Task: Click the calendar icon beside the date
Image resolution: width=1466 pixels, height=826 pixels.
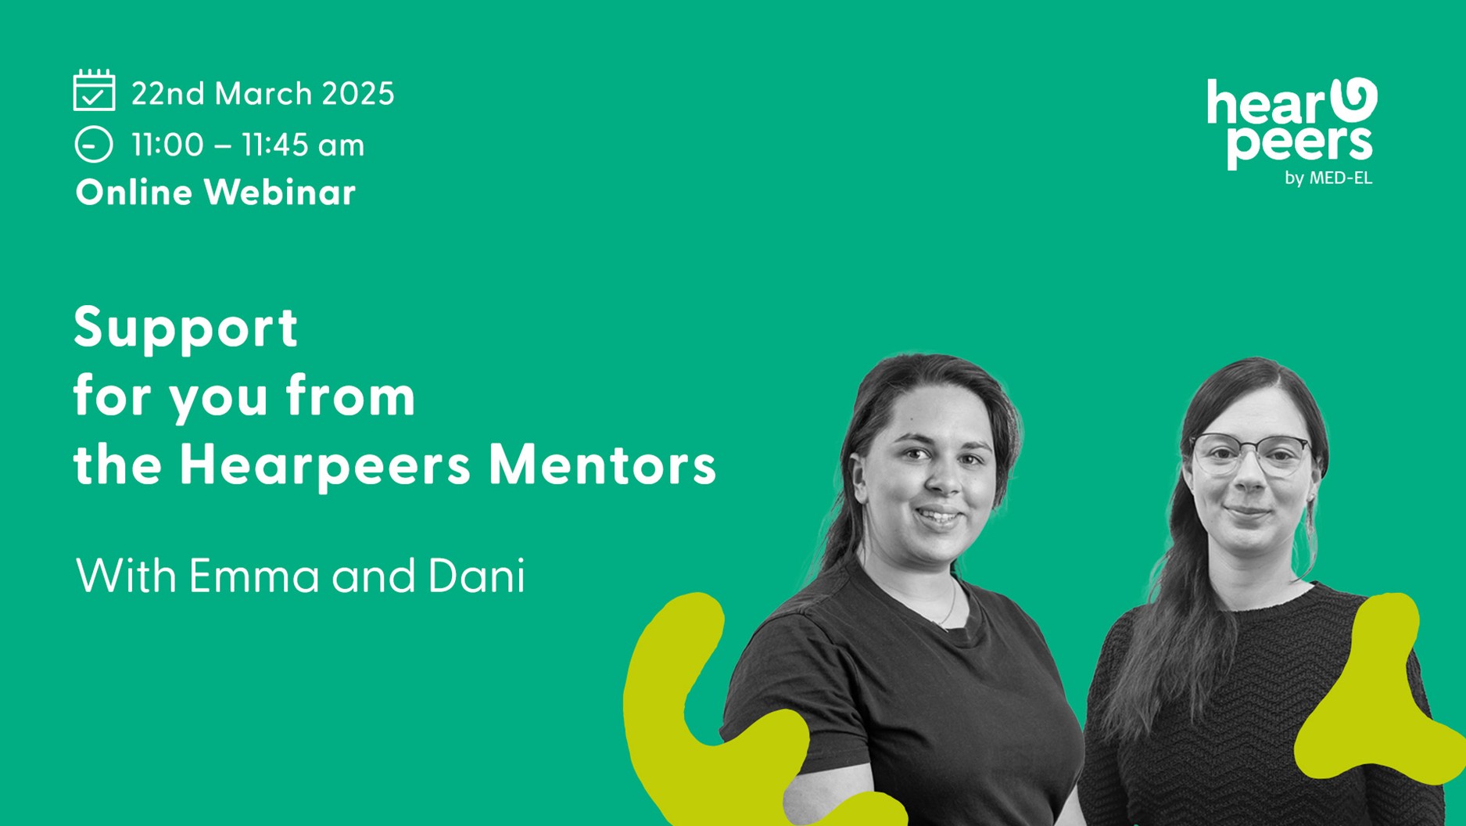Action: (94, 90)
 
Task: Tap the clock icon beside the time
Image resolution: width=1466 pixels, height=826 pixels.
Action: (94, 145)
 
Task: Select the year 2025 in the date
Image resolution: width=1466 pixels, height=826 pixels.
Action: (358, 94)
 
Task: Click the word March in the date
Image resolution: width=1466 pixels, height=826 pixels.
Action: (263, 94)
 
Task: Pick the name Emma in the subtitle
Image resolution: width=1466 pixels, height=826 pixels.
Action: (254, 576)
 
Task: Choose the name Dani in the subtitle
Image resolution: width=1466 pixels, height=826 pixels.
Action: (476, 576)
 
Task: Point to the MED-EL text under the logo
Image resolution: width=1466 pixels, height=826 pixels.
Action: (1340, 178)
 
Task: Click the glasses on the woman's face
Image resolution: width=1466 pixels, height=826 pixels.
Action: (1251, 454)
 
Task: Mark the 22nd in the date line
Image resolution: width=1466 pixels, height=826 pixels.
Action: (167, 94)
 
